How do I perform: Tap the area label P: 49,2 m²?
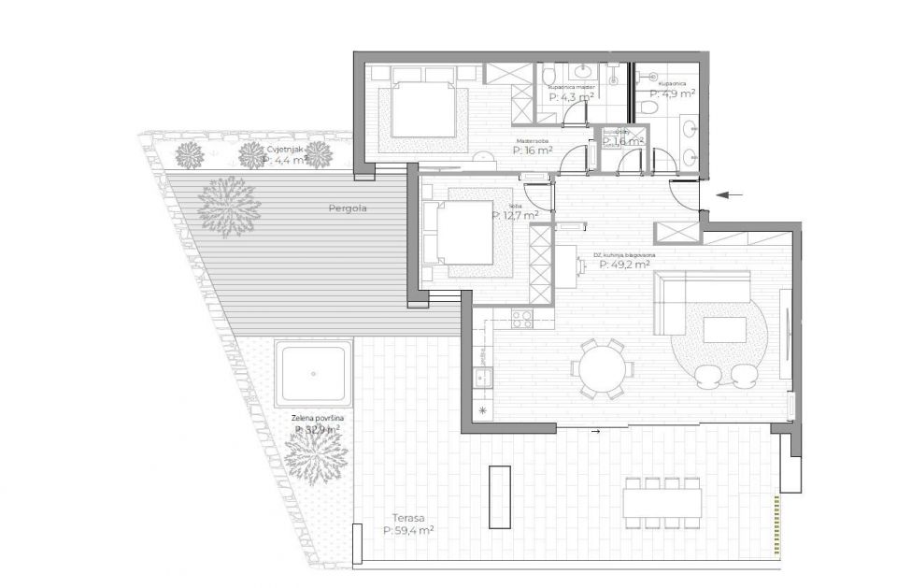624,264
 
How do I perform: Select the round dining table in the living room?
601,368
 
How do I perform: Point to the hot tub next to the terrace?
314,372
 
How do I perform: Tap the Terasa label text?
407,516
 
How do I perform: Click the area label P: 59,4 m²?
408,530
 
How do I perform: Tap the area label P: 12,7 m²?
515,215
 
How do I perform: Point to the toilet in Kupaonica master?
551,75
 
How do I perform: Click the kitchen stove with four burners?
521,319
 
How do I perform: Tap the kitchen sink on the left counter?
483,379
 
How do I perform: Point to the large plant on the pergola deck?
229,206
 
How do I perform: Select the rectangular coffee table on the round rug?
724,330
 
